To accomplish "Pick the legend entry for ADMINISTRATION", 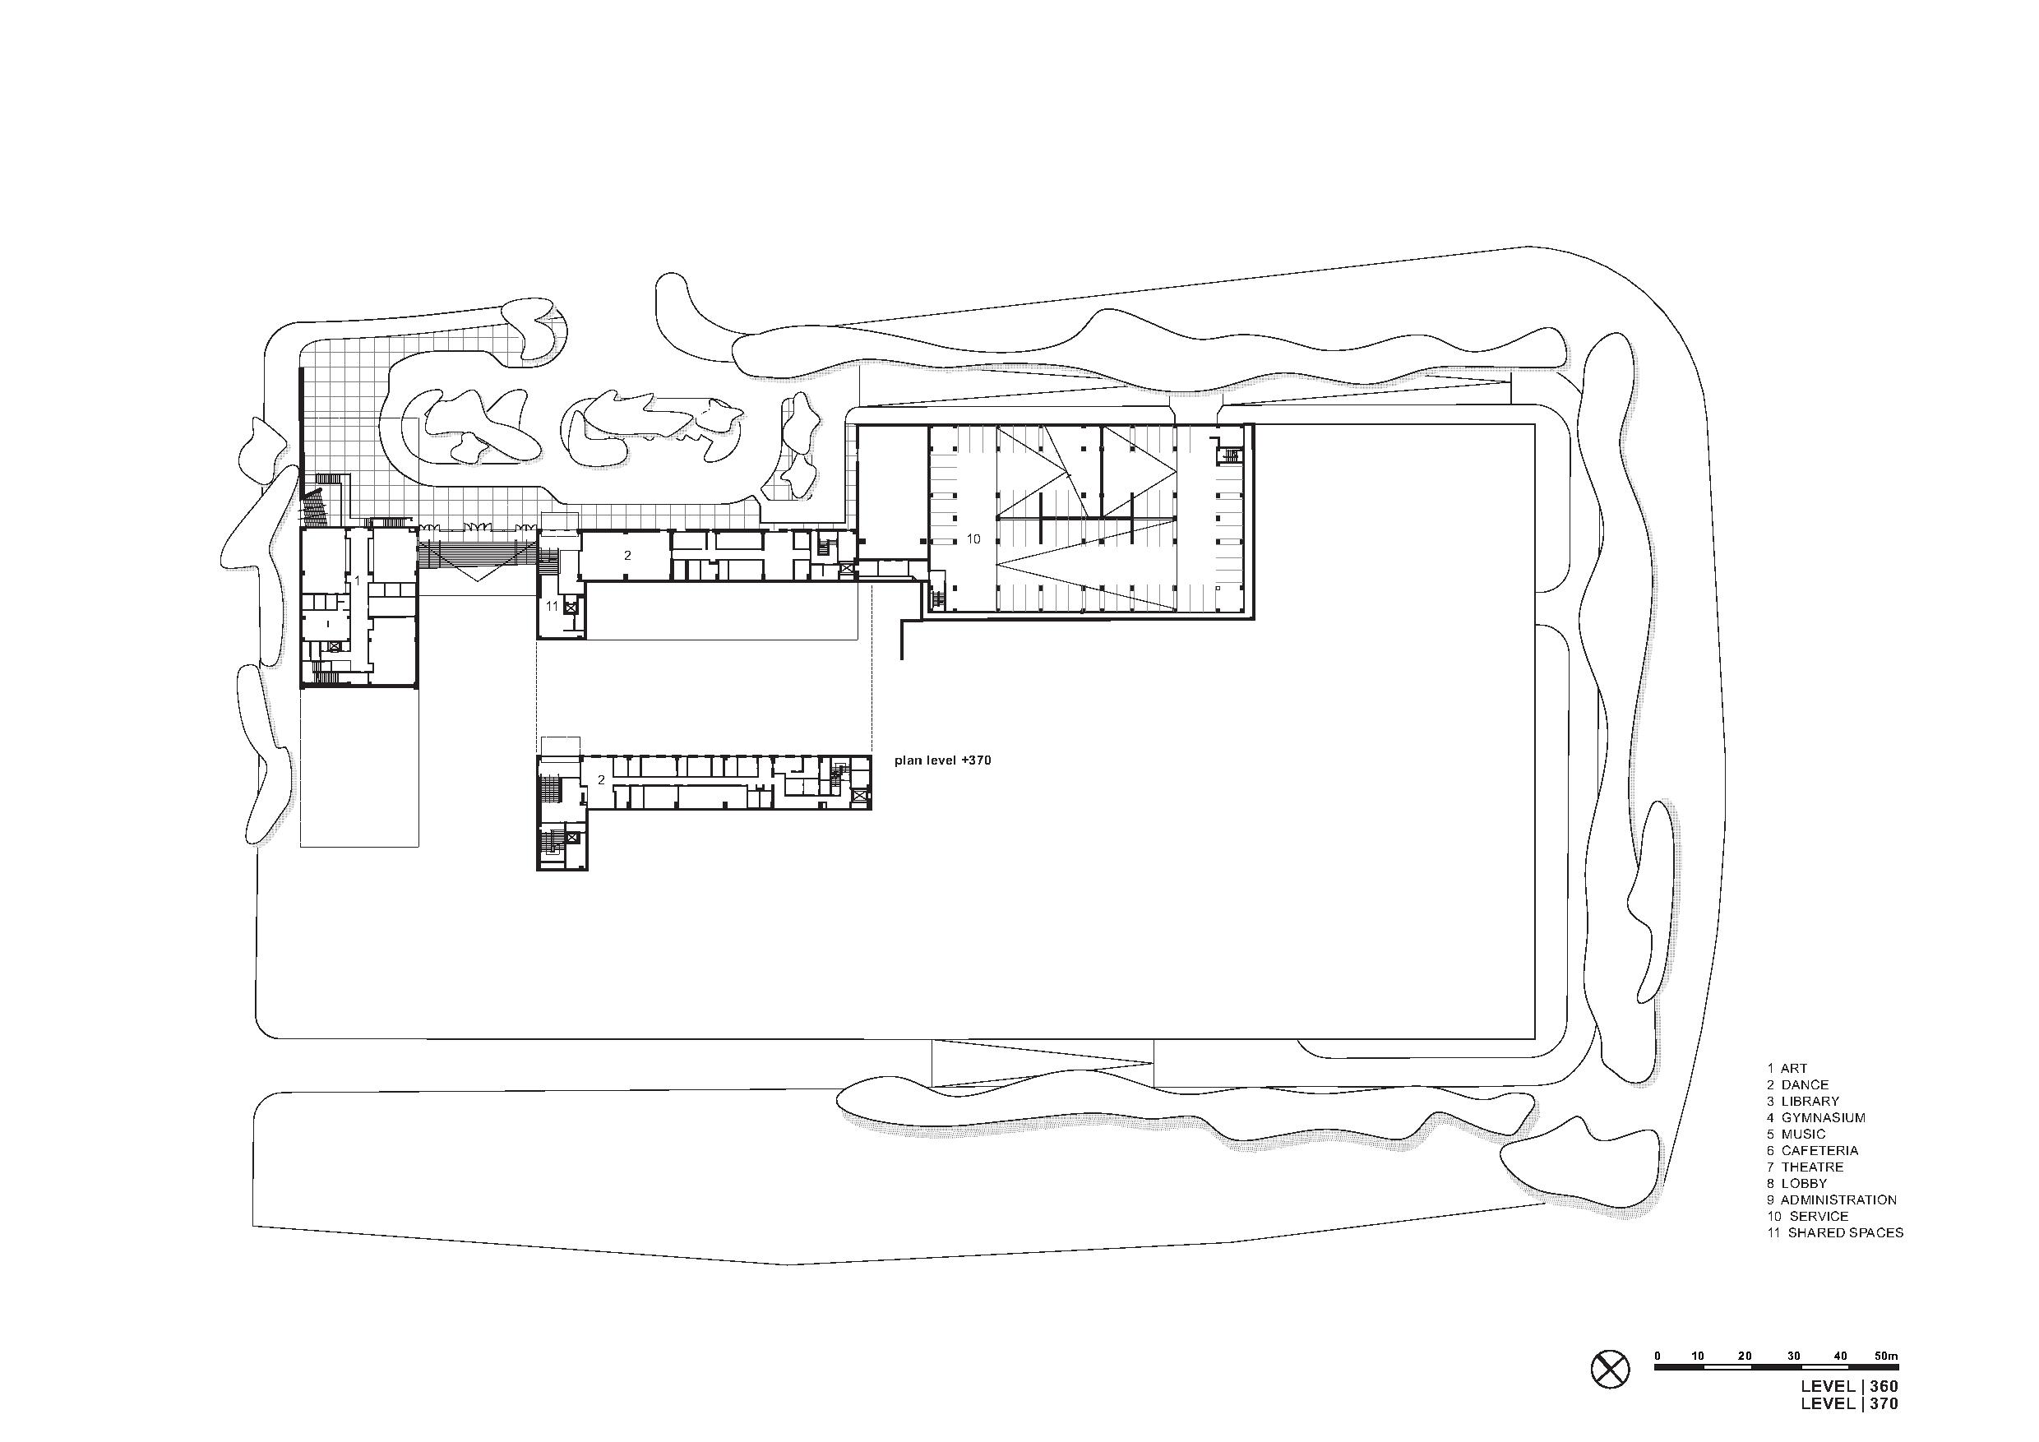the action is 1831,1199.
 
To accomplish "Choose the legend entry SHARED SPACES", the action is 1835,1232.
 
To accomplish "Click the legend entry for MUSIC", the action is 1796,1134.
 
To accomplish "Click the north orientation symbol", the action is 1610,1393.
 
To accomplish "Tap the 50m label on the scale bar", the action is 1886,1356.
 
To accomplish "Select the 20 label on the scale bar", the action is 1745,1356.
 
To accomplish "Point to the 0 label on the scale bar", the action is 1658,1356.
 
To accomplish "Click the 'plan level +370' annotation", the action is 942,761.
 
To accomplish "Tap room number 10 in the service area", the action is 973,539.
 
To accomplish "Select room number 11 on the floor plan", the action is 552,607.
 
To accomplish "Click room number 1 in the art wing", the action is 357,580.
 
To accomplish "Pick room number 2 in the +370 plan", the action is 601,779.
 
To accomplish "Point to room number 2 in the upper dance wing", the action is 627,555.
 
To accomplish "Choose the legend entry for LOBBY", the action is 1796,1184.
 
